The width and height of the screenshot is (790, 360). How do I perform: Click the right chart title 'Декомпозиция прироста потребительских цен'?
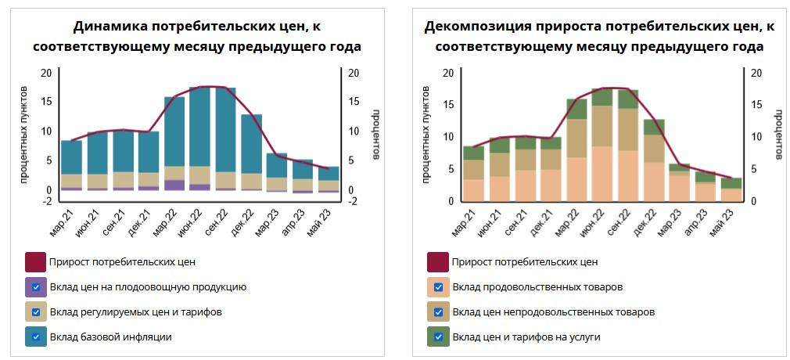coord(599,27)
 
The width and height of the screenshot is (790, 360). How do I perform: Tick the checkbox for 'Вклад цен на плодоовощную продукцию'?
coord(36,286)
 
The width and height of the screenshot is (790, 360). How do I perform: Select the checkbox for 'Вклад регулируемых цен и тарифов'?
coord(36,311)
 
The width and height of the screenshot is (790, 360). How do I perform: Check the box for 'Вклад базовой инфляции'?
coord(36,337)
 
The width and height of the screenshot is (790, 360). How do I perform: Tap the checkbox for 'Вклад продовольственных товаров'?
coord(438,286)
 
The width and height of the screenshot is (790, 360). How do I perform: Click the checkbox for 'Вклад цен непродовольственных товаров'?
coord(438,311)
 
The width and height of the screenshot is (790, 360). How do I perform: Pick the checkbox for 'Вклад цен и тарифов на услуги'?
coord(438,337)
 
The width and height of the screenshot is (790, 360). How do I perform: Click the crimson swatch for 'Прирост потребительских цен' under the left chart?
coord(36,261)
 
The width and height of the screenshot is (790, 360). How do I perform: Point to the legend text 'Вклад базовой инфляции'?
coord(110,337)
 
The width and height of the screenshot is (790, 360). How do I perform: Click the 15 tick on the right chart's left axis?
coord(447,105)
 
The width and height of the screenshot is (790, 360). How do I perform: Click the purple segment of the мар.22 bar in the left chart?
coord(174,185)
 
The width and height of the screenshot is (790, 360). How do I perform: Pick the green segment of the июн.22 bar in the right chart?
coord(601,97)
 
